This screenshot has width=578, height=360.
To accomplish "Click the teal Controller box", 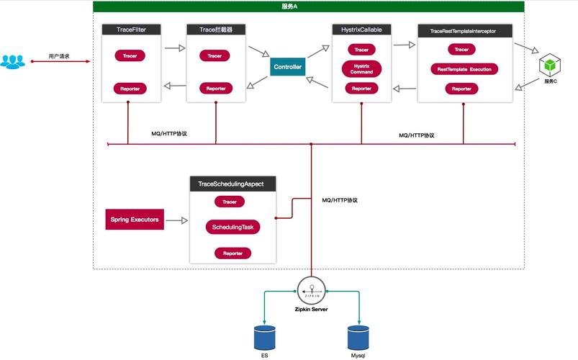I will point(287,67).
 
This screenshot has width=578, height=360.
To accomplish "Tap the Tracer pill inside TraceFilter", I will point(130,55).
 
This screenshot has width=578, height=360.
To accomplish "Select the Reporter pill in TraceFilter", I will point(130,89).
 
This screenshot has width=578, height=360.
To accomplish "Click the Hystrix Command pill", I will point(361,69).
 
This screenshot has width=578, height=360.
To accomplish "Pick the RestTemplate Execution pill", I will point(461,69).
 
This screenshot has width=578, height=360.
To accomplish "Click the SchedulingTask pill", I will point(232,227).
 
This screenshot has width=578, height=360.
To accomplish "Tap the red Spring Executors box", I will point(135,219).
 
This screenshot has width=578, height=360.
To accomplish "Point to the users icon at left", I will point(12,62).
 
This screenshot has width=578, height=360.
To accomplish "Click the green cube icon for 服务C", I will point(551,66).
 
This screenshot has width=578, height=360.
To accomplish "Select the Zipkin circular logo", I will point(311,290).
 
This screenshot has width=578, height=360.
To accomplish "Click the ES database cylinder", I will point(265,338).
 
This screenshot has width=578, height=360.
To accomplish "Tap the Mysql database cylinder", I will point(358,338).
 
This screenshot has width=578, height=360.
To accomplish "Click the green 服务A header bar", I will point(310,6).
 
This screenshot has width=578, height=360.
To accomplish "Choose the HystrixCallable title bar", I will point(362,30).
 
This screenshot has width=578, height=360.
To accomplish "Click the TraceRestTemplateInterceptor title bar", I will point(465,31).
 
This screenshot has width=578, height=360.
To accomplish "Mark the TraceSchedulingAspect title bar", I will point(231,184).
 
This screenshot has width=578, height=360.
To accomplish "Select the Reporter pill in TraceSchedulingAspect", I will point(232,253).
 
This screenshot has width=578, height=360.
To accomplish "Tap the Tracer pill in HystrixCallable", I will point(361,50).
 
